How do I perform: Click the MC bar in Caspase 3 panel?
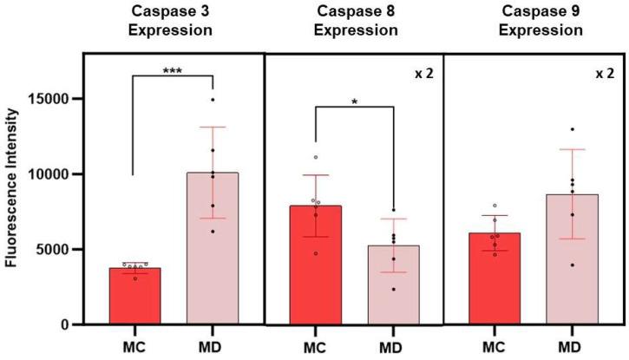(x=134, y=296)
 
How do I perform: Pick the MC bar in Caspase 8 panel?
(x=316, y=265)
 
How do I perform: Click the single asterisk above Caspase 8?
(x=354, y=102)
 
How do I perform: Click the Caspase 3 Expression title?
(x=173, y=21)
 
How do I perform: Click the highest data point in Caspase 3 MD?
(x=213, y=100)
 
